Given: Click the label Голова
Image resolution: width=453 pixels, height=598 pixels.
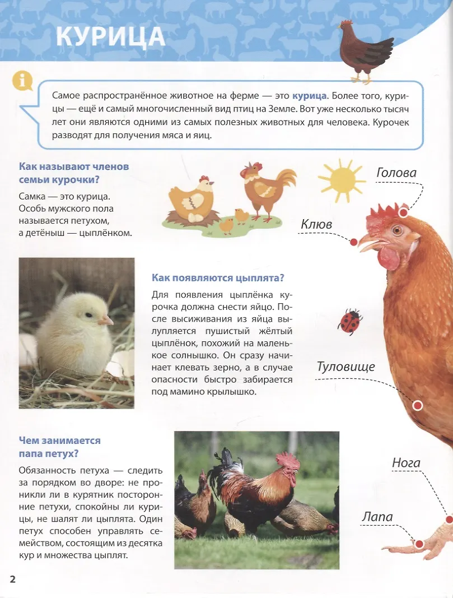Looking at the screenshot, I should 396,173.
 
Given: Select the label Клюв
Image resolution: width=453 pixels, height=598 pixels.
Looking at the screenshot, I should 316,224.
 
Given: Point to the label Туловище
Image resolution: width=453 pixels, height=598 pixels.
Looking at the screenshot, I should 345,367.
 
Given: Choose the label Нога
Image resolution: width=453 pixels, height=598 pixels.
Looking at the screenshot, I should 406,463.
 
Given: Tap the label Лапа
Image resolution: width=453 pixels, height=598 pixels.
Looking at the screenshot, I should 377,517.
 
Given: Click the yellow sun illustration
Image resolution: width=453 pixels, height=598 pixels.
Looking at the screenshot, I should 340,179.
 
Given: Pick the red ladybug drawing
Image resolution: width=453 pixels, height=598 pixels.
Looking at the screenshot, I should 349,322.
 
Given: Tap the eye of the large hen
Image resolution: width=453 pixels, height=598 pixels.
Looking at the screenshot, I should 397,230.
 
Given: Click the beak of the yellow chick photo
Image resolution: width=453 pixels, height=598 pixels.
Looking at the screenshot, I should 106,320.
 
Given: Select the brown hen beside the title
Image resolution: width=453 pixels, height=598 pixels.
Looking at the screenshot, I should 365,50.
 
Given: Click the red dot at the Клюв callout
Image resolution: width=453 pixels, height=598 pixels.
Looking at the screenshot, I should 353,242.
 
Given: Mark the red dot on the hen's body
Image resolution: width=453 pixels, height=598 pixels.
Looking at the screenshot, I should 417,406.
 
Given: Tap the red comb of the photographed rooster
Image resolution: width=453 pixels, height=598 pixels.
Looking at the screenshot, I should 288,461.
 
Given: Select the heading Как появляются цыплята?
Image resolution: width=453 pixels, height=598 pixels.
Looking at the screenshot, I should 218,278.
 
